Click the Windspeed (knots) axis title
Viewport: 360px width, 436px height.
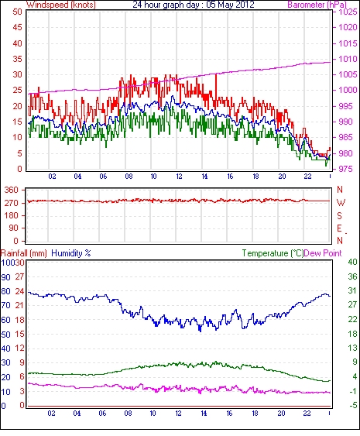61,5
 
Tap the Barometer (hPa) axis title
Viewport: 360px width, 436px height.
317,5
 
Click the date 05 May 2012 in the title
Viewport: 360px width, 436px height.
231,5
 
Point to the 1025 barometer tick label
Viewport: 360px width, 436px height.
348,12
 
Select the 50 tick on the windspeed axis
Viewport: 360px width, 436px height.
17,12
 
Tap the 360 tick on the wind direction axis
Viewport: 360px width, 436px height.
12,191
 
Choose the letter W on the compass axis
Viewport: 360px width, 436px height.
341,203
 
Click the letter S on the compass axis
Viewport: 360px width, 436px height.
339,215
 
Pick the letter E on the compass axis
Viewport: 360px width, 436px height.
339,228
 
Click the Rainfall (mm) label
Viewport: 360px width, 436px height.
24,253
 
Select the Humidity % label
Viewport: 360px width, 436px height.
71,253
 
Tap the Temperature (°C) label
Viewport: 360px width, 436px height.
273,253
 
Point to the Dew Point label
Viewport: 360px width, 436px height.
323,253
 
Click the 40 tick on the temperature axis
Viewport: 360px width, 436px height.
352,262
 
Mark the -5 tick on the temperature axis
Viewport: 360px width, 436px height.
352,406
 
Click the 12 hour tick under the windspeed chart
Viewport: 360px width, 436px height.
179,177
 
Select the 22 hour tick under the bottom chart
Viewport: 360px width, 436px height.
307,414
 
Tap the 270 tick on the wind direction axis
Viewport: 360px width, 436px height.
12,203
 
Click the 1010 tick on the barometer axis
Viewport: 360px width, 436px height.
348,59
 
